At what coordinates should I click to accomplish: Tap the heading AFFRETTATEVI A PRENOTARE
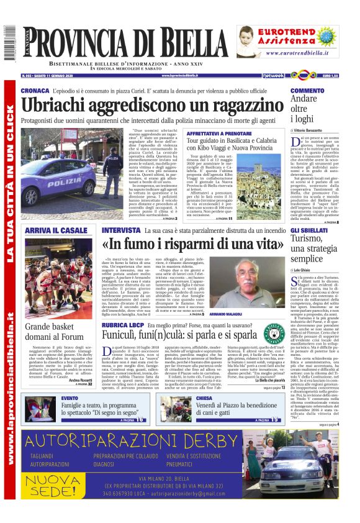pyautogui.click(x=211, y=134)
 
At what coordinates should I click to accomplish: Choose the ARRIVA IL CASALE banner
pyautogui.click(x=56, y=231)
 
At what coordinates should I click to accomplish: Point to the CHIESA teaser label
pyautogui.click(x=204, y=398)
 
